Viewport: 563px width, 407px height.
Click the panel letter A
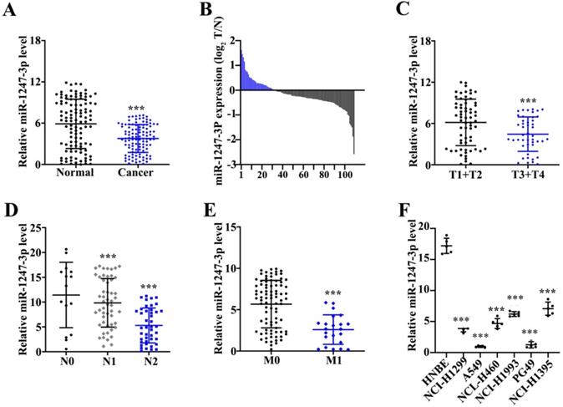(x=10, y=10)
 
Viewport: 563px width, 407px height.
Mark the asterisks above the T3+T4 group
(x=504, y=101)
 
